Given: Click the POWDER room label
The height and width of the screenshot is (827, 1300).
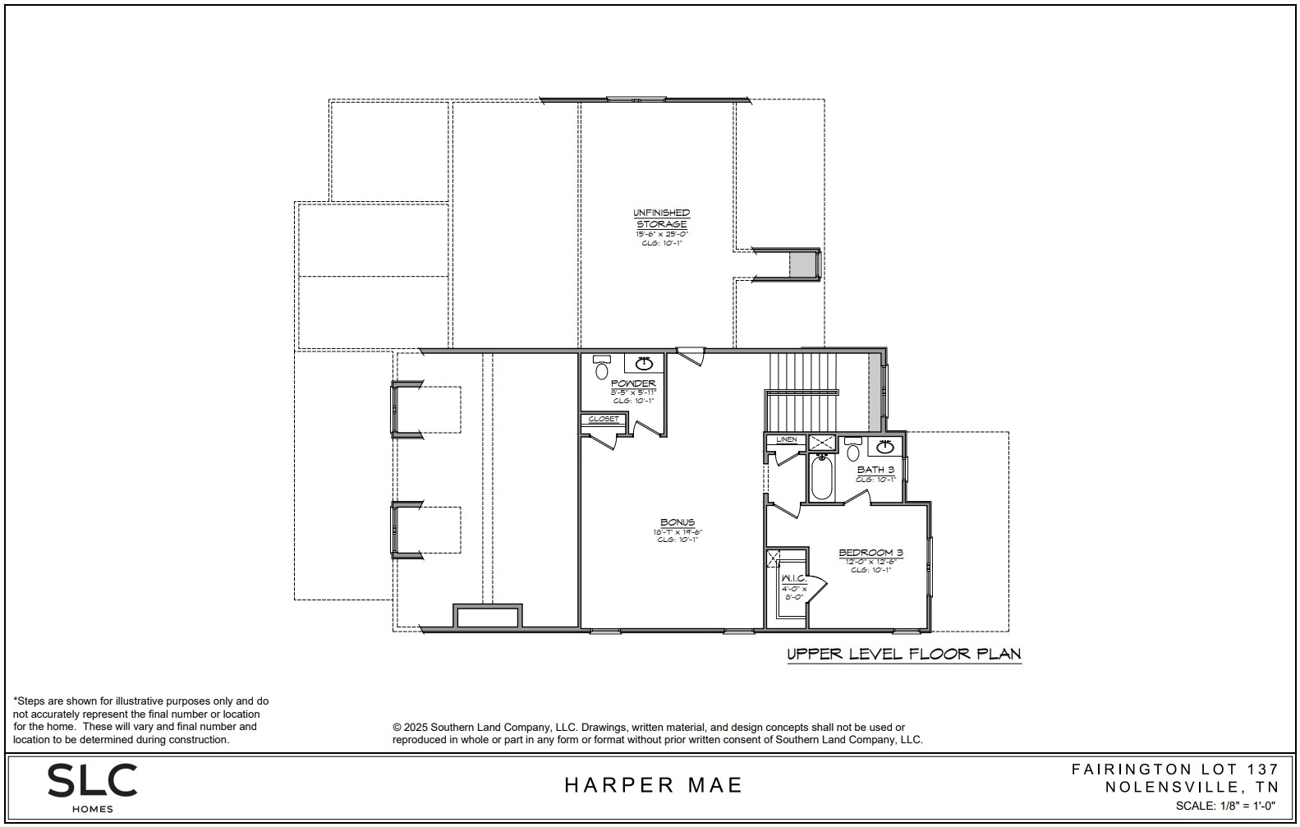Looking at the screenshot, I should click(x=633, y=384).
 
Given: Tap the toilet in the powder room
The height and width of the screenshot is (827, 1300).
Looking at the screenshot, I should click(x=602, y=369).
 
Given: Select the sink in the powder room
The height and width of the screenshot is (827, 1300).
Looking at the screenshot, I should click(x=645, y=364).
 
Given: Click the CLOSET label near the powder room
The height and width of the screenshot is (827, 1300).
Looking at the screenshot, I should click(x=604, y=420).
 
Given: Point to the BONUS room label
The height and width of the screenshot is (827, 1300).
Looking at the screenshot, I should click(x=678, y=522).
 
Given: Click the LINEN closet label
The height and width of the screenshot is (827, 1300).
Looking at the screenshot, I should click(x=787, y=440).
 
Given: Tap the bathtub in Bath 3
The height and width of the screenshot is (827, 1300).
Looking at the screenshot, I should click(x=821, y=478).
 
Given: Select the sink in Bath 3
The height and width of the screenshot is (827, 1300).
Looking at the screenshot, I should click(x=884, y=448).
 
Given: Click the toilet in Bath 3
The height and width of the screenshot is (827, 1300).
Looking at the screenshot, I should click(x=853, y=452).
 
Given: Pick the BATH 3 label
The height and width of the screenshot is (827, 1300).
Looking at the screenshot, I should click(x=875, y=470).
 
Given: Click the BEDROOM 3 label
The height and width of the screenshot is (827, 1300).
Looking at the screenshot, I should click(x=870, y=553).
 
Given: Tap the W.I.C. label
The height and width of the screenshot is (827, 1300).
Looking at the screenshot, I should click(x=793, y=579).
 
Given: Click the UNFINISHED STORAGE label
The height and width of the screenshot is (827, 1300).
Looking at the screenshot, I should click(x=661, y=218).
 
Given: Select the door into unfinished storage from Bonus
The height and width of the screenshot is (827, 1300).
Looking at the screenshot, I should click(x=691, y=356).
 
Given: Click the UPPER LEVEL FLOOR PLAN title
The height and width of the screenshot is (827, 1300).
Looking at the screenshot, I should click(x=903, y=655).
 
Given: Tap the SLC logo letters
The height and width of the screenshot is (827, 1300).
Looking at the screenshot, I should click(x=92, y=780).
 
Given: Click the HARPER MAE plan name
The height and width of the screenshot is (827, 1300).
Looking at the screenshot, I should click(x=653, y=785).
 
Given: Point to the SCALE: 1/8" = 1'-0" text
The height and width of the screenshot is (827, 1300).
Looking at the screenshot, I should click(x=1227, y=806).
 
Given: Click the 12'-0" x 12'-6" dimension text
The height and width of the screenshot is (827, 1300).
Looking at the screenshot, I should click(x=870, y=561).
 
